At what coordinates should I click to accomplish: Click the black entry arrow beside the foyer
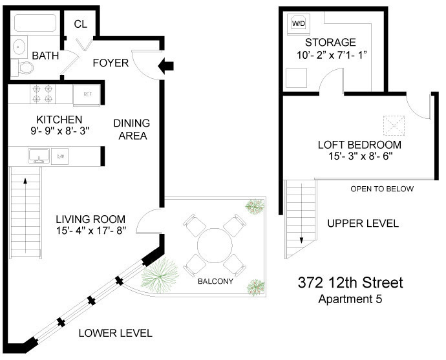166,66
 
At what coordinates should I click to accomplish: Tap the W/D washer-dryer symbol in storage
299,24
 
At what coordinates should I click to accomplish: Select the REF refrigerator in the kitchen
87,95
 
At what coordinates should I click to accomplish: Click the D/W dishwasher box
60,156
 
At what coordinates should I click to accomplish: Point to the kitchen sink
39,156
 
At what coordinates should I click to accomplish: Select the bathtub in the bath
35,23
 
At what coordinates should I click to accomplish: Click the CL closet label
81,24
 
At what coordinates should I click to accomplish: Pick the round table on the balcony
215,246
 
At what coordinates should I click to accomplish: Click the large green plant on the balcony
160,275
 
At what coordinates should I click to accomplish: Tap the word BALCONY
215,281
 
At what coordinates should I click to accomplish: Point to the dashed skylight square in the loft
394,125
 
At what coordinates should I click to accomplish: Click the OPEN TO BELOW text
382,189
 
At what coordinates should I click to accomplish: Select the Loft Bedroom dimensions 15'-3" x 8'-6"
361,156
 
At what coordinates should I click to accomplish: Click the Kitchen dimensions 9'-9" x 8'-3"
60,131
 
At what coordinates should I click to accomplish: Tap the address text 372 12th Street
350,282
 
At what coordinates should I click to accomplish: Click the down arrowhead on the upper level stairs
301,240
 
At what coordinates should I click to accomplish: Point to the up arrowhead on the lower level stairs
25,181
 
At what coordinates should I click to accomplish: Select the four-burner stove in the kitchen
43,94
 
